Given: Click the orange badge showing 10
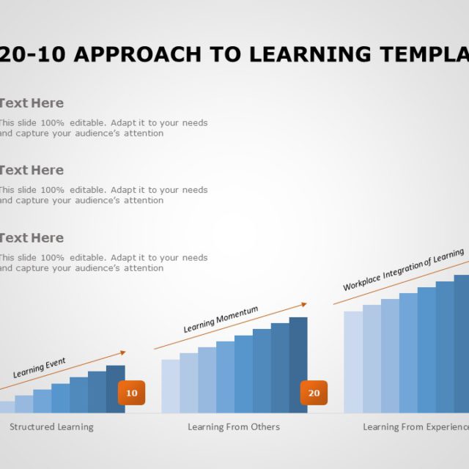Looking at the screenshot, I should (x=132, y=393).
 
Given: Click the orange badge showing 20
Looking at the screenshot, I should (x=314, y=393).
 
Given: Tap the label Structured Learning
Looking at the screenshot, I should (x=51, y=426).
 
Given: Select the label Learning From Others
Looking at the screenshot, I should (x=234, y=426).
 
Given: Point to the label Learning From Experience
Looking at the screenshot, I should (x=416, y=426).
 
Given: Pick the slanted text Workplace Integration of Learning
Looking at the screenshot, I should (x=403, y=270).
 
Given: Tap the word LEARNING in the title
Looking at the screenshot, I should (x=307, y=54).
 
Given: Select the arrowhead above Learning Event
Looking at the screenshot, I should (x=122, y=352).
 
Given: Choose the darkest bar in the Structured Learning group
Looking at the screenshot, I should (x=115, y=388).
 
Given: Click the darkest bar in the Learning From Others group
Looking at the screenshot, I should (x=298, y=364).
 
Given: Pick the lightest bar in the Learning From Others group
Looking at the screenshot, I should (x=170, y=385).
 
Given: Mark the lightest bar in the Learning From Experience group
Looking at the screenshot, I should (x=352, y=361).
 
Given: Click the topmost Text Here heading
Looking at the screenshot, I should (x=31, y=103).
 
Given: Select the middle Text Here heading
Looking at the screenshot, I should (x=31, y=170).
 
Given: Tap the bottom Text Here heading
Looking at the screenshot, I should (x=31, y=237).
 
